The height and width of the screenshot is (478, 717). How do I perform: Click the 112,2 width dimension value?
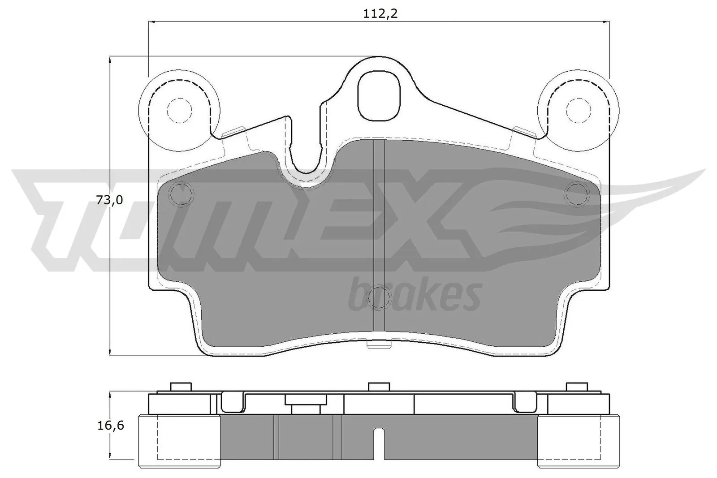pyautogui.click(x=380, y=14)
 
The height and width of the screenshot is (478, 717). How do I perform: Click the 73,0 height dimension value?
pyautogui.click(x=109, y=200)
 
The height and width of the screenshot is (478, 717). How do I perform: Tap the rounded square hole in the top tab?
pyautogui.click(x=379, y=95)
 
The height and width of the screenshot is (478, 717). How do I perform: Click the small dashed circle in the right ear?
pyautogui.click(x=579, y=110)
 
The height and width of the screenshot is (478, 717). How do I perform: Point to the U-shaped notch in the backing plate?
pyautogui.click(x=307, y=152)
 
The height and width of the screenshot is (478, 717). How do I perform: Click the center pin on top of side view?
pyautogui.click(x=379, y=386)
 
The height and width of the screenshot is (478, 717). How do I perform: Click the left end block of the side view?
pyautogui.click(x=179, y=436)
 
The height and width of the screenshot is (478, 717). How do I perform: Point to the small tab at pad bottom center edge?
pyautogui.click(x=379, y=344)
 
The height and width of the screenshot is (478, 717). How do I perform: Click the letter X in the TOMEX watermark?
pyautogui.click(x=441, y=220)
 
